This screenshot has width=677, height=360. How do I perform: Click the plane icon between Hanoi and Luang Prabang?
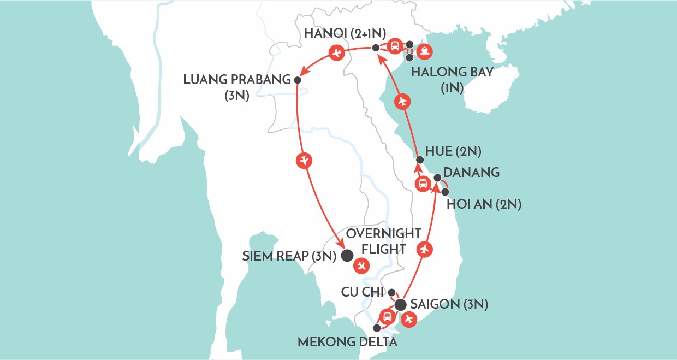click(x=336, y=53)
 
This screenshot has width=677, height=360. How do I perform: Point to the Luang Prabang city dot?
click(x=297, y=80)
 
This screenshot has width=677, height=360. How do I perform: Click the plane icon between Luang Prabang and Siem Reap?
click(x=304, y=160)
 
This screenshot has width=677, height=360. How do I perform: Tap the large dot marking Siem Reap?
click(x=346, y=255)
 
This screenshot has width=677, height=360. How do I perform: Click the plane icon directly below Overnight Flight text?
click(x=360, y=266)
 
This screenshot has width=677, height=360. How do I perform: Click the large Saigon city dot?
click(x=401, y=304)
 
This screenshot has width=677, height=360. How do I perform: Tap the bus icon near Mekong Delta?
click(x=387, y=316)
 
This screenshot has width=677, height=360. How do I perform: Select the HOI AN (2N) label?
click(x=484, y=205)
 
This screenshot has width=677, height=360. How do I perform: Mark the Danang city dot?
click(x=437, y=178)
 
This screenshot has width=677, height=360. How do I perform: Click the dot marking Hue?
click(x=419, y=160)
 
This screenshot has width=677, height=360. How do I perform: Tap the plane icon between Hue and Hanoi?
click(x=402, y=101)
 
